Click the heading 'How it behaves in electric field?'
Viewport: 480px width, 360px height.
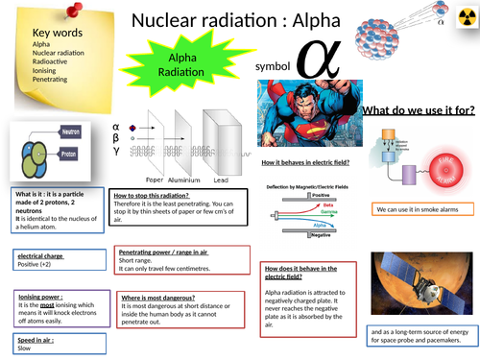[310, 163]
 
